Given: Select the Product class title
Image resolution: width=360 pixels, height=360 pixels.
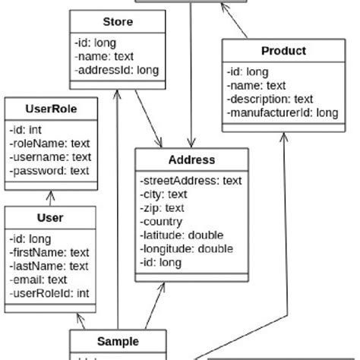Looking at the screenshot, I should (x=283, y=51).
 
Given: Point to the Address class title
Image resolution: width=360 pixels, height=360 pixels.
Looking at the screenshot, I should (x=191, y=159).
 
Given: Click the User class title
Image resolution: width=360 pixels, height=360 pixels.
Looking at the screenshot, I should (x=50, y=218).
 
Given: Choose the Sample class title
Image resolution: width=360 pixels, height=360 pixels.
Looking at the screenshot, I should (x=118, y=341).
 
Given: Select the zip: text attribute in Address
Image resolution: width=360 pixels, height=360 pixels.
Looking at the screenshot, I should (x=163, y=208).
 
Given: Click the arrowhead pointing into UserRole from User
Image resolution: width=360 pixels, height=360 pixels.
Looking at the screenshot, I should (x=51, y=194).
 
